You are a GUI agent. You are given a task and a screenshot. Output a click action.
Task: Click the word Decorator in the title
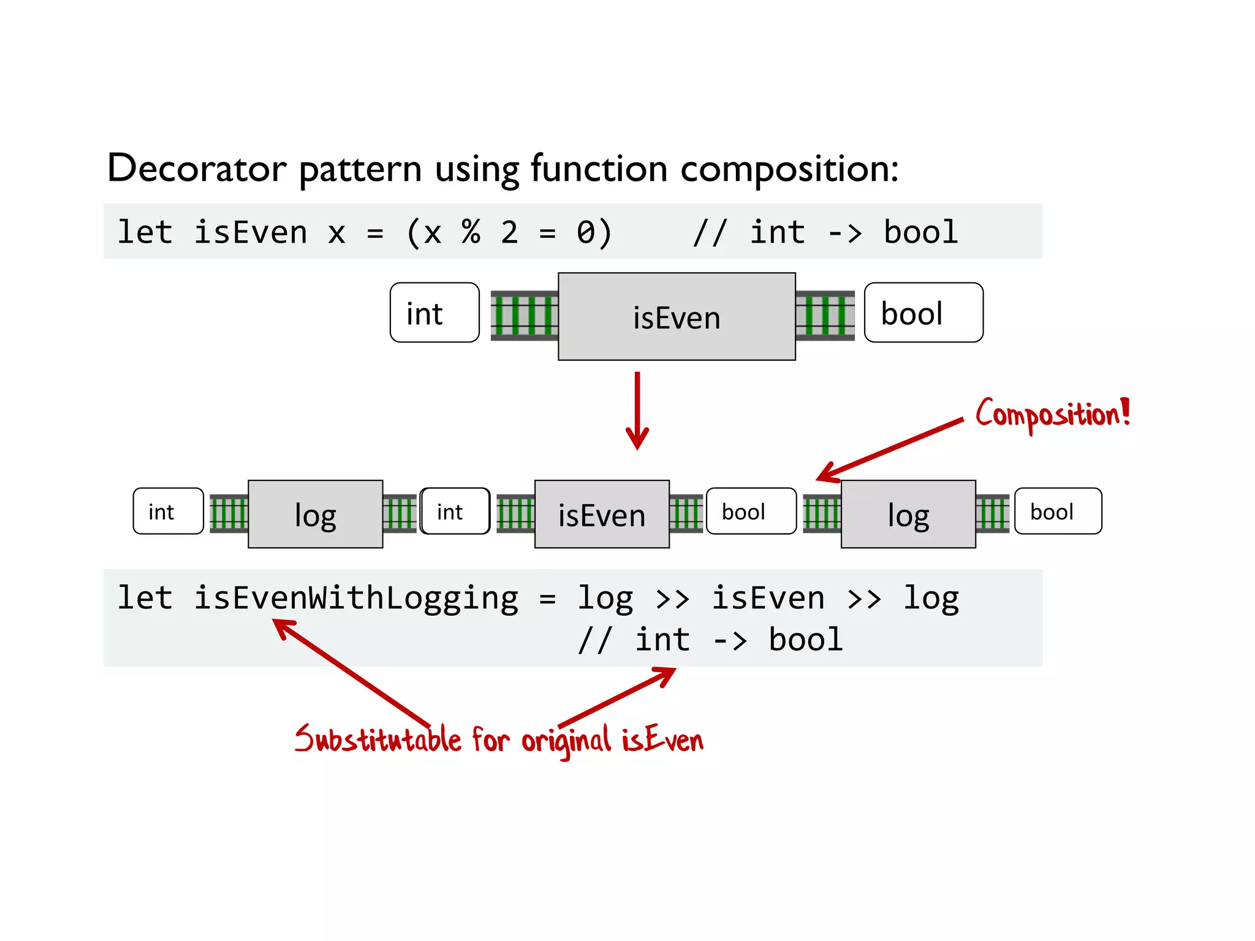click(x=196, y=168)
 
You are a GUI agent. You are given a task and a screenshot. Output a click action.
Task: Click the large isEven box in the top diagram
click(x=677, y=317)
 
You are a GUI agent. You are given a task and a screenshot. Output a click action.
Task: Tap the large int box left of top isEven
click(x=434, y=312)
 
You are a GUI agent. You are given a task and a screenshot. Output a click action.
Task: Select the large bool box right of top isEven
click(x=923, y=312)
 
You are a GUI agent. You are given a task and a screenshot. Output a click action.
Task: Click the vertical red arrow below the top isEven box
click(x=637, y=410)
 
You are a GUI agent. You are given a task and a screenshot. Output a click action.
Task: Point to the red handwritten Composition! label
click(x=1052, y=415)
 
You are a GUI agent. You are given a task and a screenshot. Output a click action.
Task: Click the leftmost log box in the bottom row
click(x=315, y=514)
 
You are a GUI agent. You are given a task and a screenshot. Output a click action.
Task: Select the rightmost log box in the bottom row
click(x=908, y=514)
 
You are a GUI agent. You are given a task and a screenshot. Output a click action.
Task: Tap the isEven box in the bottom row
click(x=601, y=514)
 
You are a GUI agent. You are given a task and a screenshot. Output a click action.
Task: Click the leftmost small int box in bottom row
click(x=168, y=511)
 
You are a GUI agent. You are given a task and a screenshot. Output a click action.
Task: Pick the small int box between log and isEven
click(x=455, y=511)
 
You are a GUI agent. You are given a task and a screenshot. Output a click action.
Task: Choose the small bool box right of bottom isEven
click(x=751, y=511)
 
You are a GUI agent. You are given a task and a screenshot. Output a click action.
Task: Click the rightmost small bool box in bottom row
click(x=1057, y=511)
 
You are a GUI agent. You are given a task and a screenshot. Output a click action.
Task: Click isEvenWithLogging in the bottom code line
click(x=355, y=598)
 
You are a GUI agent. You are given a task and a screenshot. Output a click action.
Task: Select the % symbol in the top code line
click(x=471, y=232)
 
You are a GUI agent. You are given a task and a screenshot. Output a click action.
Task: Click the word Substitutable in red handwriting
click(x=377, y=739)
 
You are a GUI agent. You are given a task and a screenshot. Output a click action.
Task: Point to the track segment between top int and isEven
click(x=524, y=316)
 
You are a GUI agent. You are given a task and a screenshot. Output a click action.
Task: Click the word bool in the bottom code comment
click(x=805, y=640)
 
